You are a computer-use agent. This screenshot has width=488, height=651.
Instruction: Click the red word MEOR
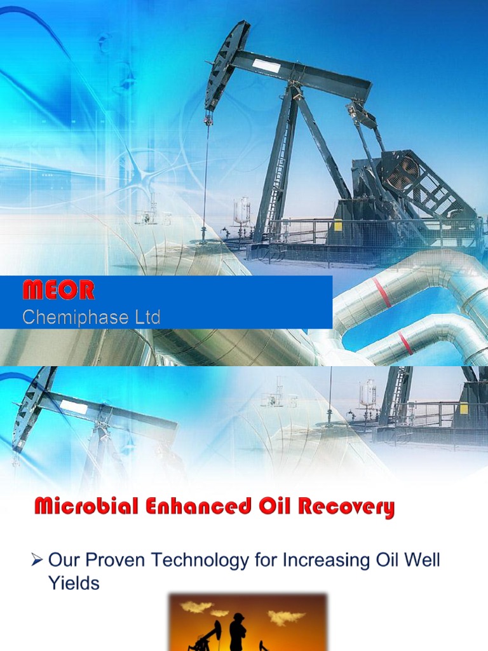[x=58, y=291]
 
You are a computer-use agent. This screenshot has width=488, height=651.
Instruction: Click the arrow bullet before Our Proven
[x=37, y=559]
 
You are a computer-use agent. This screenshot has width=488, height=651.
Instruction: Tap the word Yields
[x=74, y=583]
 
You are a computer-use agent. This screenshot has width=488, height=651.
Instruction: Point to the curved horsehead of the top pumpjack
[x=225, y=64]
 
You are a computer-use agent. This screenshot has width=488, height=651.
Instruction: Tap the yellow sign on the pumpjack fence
[x=338, y=225]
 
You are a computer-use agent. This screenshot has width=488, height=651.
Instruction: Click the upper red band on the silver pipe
[x=382, y=292]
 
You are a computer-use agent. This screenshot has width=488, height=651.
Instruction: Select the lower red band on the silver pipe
[x=405, y=343]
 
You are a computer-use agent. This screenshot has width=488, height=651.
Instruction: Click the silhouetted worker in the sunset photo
[x=238, y=631]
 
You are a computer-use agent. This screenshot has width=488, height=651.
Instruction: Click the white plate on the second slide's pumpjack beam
[x=73, y=407]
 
